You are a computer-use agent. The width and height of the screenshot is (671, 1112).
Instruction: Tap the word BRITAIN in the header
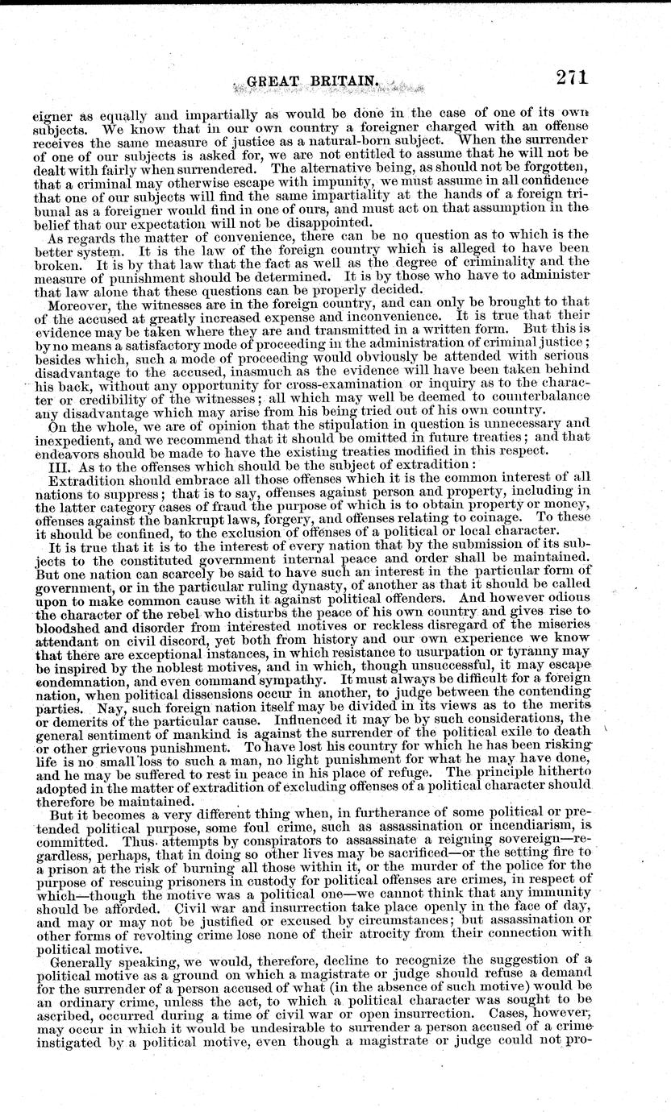341,81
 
